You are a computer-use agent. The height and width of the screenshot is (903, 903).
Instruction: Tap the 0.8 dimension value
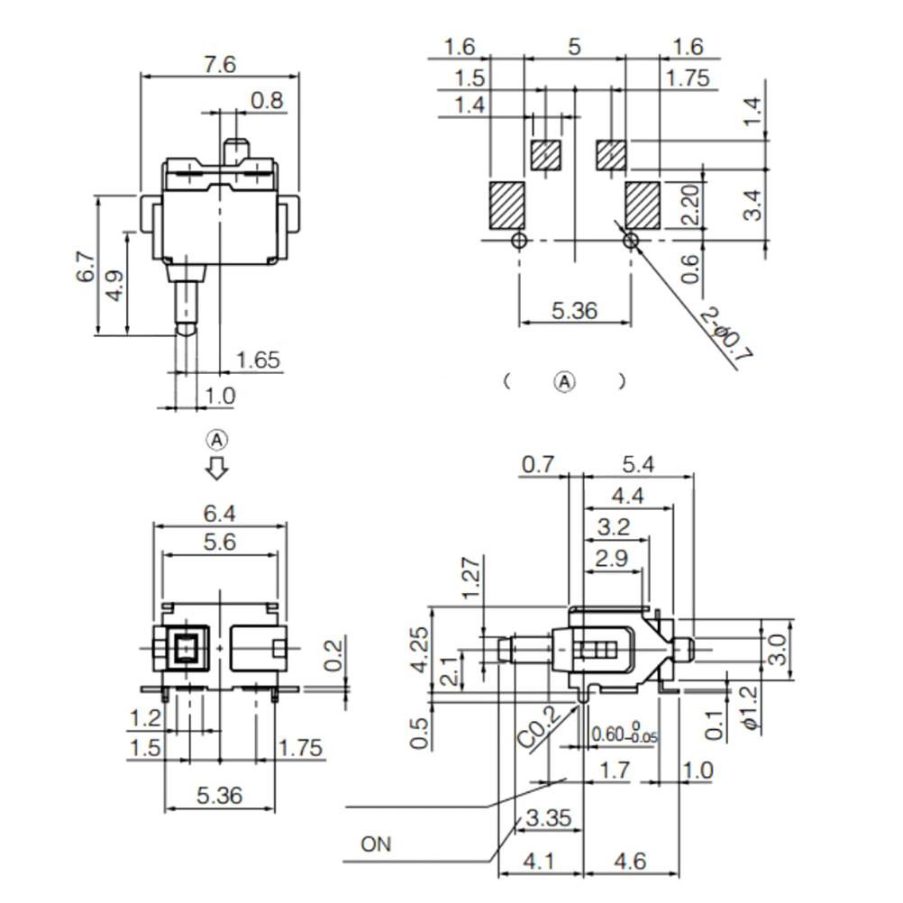(268, 100)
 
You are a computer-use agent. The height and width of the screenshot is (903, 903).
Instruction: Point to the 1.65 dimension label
(258, 360)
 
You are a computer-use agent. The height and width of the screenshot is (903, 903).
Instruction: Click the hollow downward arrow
(217, 469)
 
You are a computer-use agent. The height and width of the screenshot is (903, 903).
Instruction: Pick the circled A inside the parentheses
(564, 380)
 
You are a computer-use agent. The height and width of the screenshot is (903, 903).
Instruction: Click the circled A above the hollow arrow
(217, 440)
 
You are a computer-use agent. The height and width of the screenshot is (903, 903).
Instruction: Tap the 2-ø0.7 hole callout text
(726, 335)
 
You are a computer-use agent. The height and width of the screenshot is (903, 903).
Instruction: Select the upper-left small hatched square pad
(545, 156)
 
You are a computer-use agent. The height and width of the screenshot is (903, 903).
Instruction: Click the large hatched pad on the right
(643, 205)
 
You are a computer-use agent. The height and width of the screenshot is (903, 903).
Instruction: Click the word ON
(376, 844)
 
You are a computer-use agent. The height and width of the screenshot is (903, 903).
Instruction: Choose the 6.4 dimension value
(220, 514)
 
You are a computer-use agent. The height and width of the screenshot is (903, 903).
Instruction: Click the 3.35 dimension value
(547, 818)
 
